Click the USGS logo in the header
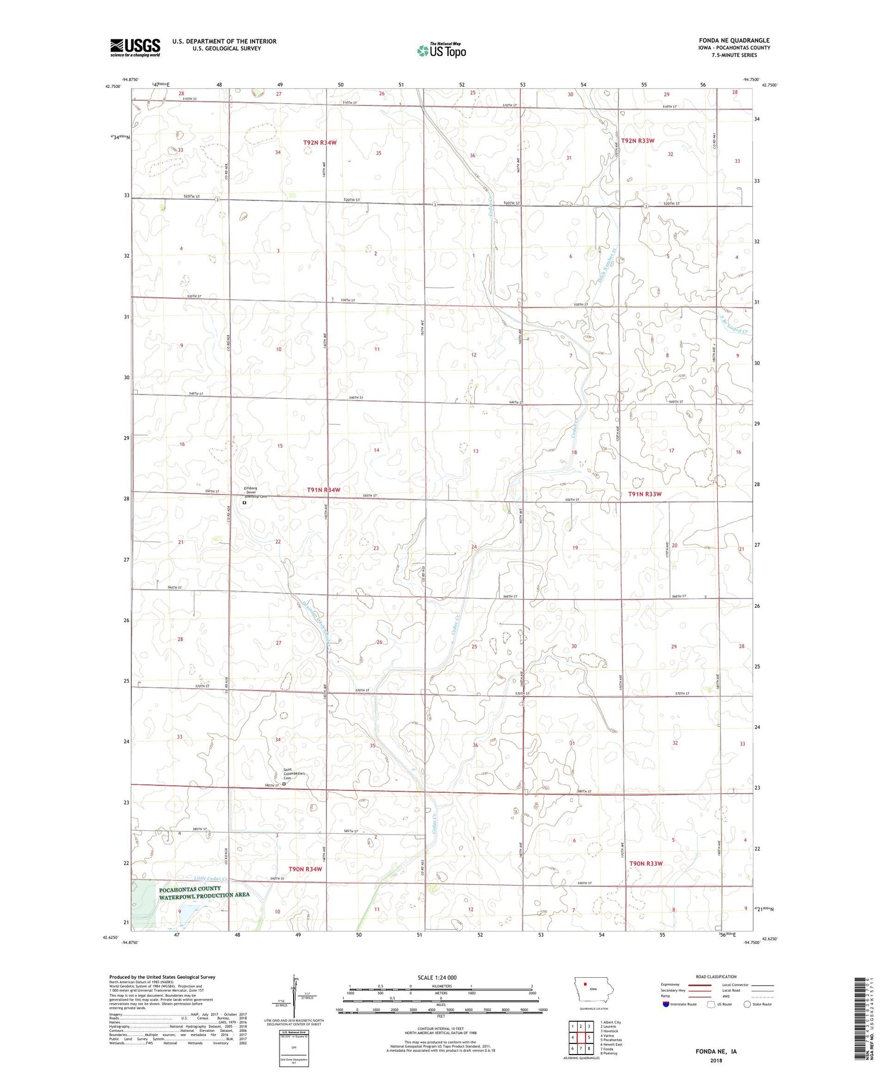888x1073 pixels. [135, 47]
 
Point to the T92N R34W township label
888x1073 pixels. [320, 143]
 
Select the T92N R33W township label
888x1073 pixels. [637, 141]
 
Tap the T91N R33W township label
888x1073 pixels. [645, 494]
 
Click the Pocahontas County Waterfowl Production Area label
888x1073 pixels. [204, 892]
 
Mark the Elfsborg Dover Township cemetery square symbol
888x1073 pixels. [244, 503]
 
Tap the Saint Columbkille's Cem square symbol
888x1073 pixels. [284, 784]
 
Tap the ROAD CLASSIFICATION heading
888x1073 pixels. [716, 977]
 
